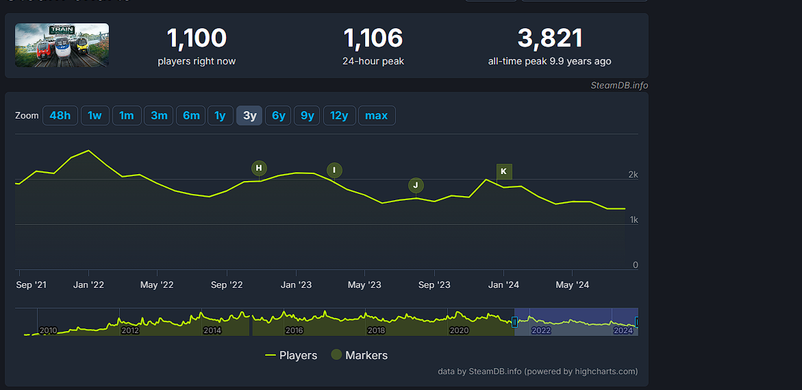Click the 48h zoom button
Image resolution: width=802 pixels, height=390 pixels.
pyautogui.click(x=60, y=116)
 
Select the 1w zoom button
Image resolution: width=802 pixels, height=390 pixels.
pyautogui.click(x=95, y=116)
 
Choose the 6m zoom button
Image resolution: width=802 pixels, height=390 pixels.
pyautogui.click(x=191, y=116)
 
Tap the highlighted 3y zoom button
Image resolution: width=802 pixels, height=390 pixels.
pyautogui.click(x=249, y=116)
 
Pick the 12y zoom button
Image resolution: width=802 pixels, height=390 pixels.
pyautogui.click(x=339, y=116)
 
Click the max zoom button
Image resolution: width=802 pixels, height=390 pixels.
pyautogui.click(x=376, y=116)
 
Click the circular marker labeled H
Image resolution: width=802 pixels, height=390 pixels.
pyautogui.click(x=259, y=168)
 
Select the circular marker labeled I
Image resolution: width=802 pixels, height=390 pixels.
pyautogui.click(x=334, y=170)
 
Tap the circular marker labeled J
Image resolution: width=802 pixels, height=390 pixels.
pyautogui.click(x=416, y=185)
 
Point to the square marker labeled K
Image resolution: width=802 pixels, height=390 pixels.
pyautogui.click(x=504, y=171)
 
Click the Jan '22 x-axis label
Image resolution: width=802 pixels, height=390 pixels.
pyautogui.click(x=89, y=285)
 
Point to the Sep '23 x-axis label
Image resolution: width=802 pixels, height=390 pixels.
pyautogui.click(x=434, y=285)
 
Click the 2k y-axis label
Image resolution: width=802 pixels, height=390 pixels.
pyautogui.click(x=633, y=175)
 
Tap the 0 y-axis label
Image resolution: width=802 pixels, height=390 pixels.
pyautogui.click(x=635, y=265)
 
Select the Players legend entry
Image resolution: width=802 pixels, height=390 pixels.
pyautogui.click(x=291, y=355)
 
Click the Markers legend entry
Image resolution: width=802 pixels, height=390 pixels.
pyautogui.click(x=360, y=355)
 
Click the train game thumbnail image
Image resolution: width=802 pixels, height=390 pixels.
pyautogui.click(x=62, y=45)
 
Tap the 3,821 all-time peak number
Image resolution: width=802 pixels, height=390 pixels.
pyautogui.click(x=549, y=38)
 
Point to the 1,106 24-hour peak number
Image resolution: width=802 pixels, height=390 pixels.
pyautogui.click(x=373, y=38)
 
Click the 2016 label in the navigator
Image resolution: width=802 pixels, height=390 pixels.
pyautogui.click(x=295, y=330)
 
